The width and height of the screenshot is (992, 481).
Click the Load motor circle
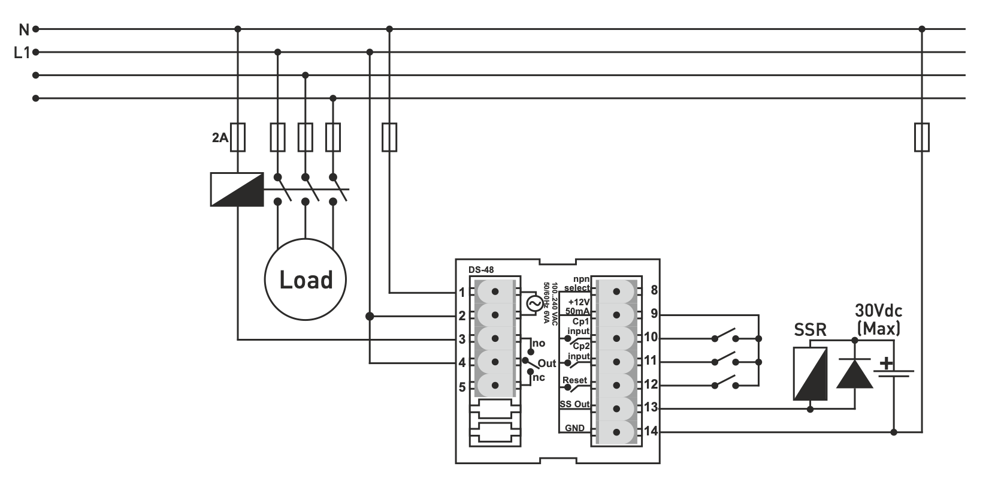tap(306, 279)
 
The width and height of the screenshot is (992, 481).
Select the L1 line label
tap(22, 53)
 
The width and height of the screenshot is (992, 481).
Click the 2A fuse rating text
tap(220, 138)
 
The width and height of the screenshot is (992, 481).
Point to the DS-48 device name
tap(481, 270)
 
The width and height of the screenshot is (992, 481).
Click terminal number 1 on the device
tap(462, 293)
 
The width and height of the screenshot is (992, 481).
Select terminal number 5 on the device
tap(462, 387)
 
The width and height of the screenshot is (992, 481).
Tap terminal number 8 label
tap(654, 291)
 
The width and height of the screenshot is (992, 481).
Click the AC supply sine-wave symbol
tap(534, 304)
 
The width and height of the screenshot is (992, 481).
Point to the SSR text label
tap(810, 330)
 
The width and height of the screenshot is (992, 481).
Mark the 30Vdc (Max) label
tap(878, 319)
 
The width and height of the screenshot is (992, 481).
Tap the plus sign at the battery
tap(885, 363)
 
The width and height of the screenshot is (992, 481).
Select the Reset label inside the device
tap(574, 380)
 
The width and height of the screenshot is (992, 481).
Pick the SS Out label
tap(574, 404)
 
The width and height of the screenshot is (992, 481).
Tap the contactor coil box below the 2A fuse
tap(237, 190)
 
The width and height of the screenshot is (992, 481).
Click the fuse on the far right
tap(922, 137)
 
